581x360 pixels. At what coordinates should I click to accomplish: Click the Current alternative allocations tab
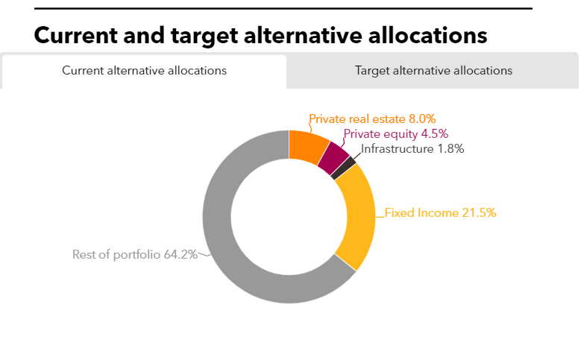click(x=144, y=71)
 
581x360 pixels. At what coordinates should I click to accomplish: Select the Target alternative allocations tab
click(x=433, y=71)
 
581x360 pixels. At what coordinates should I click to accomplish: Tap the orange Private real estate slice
click(x=307, y=145)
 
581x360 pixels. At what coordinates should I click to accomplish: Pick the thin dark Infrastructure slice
click(x=344, y=168)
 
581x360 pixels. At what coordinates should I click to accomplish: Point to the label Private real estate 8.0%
click(x=372, y=119)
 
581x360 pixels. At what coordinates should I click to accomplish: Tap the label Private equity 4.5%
click(x=395, y=134)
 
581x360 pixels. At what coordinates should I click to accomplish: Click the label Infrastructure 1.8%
click(x=412, y=148)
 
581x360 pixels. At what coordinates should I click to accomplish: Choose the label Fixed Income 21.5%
click(x=440, y=212)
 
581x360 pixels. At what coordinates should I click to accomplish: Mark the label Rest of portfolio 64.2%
click(x=135, y=254)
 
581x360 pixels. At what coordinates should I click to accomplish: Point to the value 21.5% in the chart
click(x=479, y=212)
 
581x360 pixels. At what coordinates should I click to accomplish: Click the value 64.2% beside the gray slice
click(x=180, y=254)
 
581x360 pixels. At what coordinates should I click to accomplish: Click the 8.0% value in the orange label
click(x=421, y=119)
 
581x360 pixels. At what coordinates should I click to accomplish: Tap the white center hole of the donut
click(x=289, y=216)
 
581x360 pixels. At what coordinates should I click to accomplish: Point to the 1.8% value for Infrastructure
click(x=450, y=148)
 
